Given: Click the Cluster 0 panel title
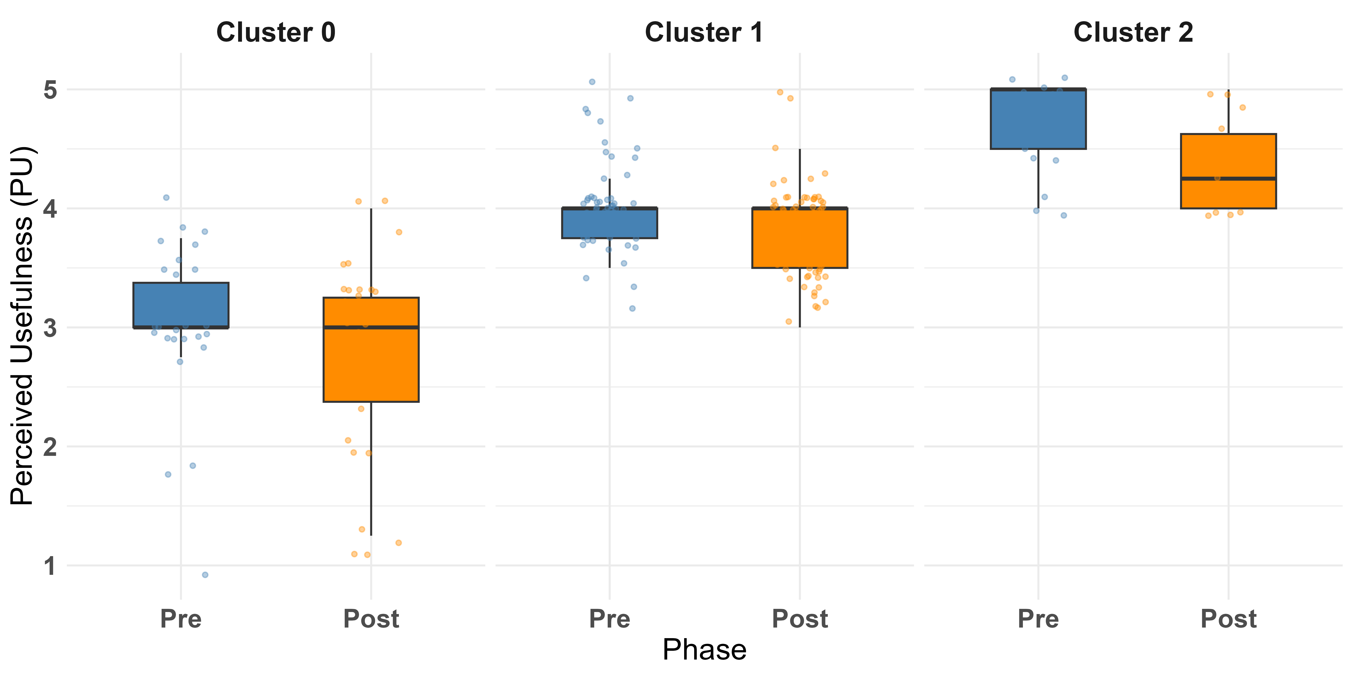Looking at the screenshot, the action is pyautogui.click(x=276, y=32).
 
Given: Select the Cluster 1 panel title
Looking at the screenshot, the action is pyautogui.click(x=704, y=32).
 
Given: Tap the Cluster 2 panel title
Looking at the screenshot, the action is pyautogui.click(x=1133, y=32).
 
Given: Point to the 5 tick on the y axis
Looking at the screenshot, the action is pyautogui.click(x=50, y=90).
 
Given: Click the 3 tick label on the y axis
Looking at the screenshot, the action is pyautogui.click(x=50, y=328).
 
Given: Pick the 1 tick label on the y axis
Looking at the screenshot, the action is pyautogui.click(x=50, y=566).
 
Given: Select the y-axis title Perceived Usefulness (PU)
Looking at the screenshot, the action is pyautogui.click(x=22, y=325).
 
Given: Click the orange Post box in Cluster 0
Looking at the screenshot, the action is pyautogui.click(x=371, y=349).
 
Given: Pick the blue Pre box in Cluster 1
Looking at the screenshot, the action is pyautogui.click(x=609, y=223).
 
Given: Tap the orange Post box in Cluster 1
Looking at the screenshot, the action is pyautogui.click(x=799, y=238).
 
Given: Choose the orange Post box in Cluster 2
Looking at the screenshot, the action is pyautogui.click(x=1229, y=171).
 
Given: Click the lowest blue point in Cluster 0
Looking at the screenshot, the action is pyautogui.click(x=205, y=575).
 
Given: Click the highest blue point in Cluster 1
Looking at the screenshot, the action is pyautogui.click(x=592, y=82).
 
